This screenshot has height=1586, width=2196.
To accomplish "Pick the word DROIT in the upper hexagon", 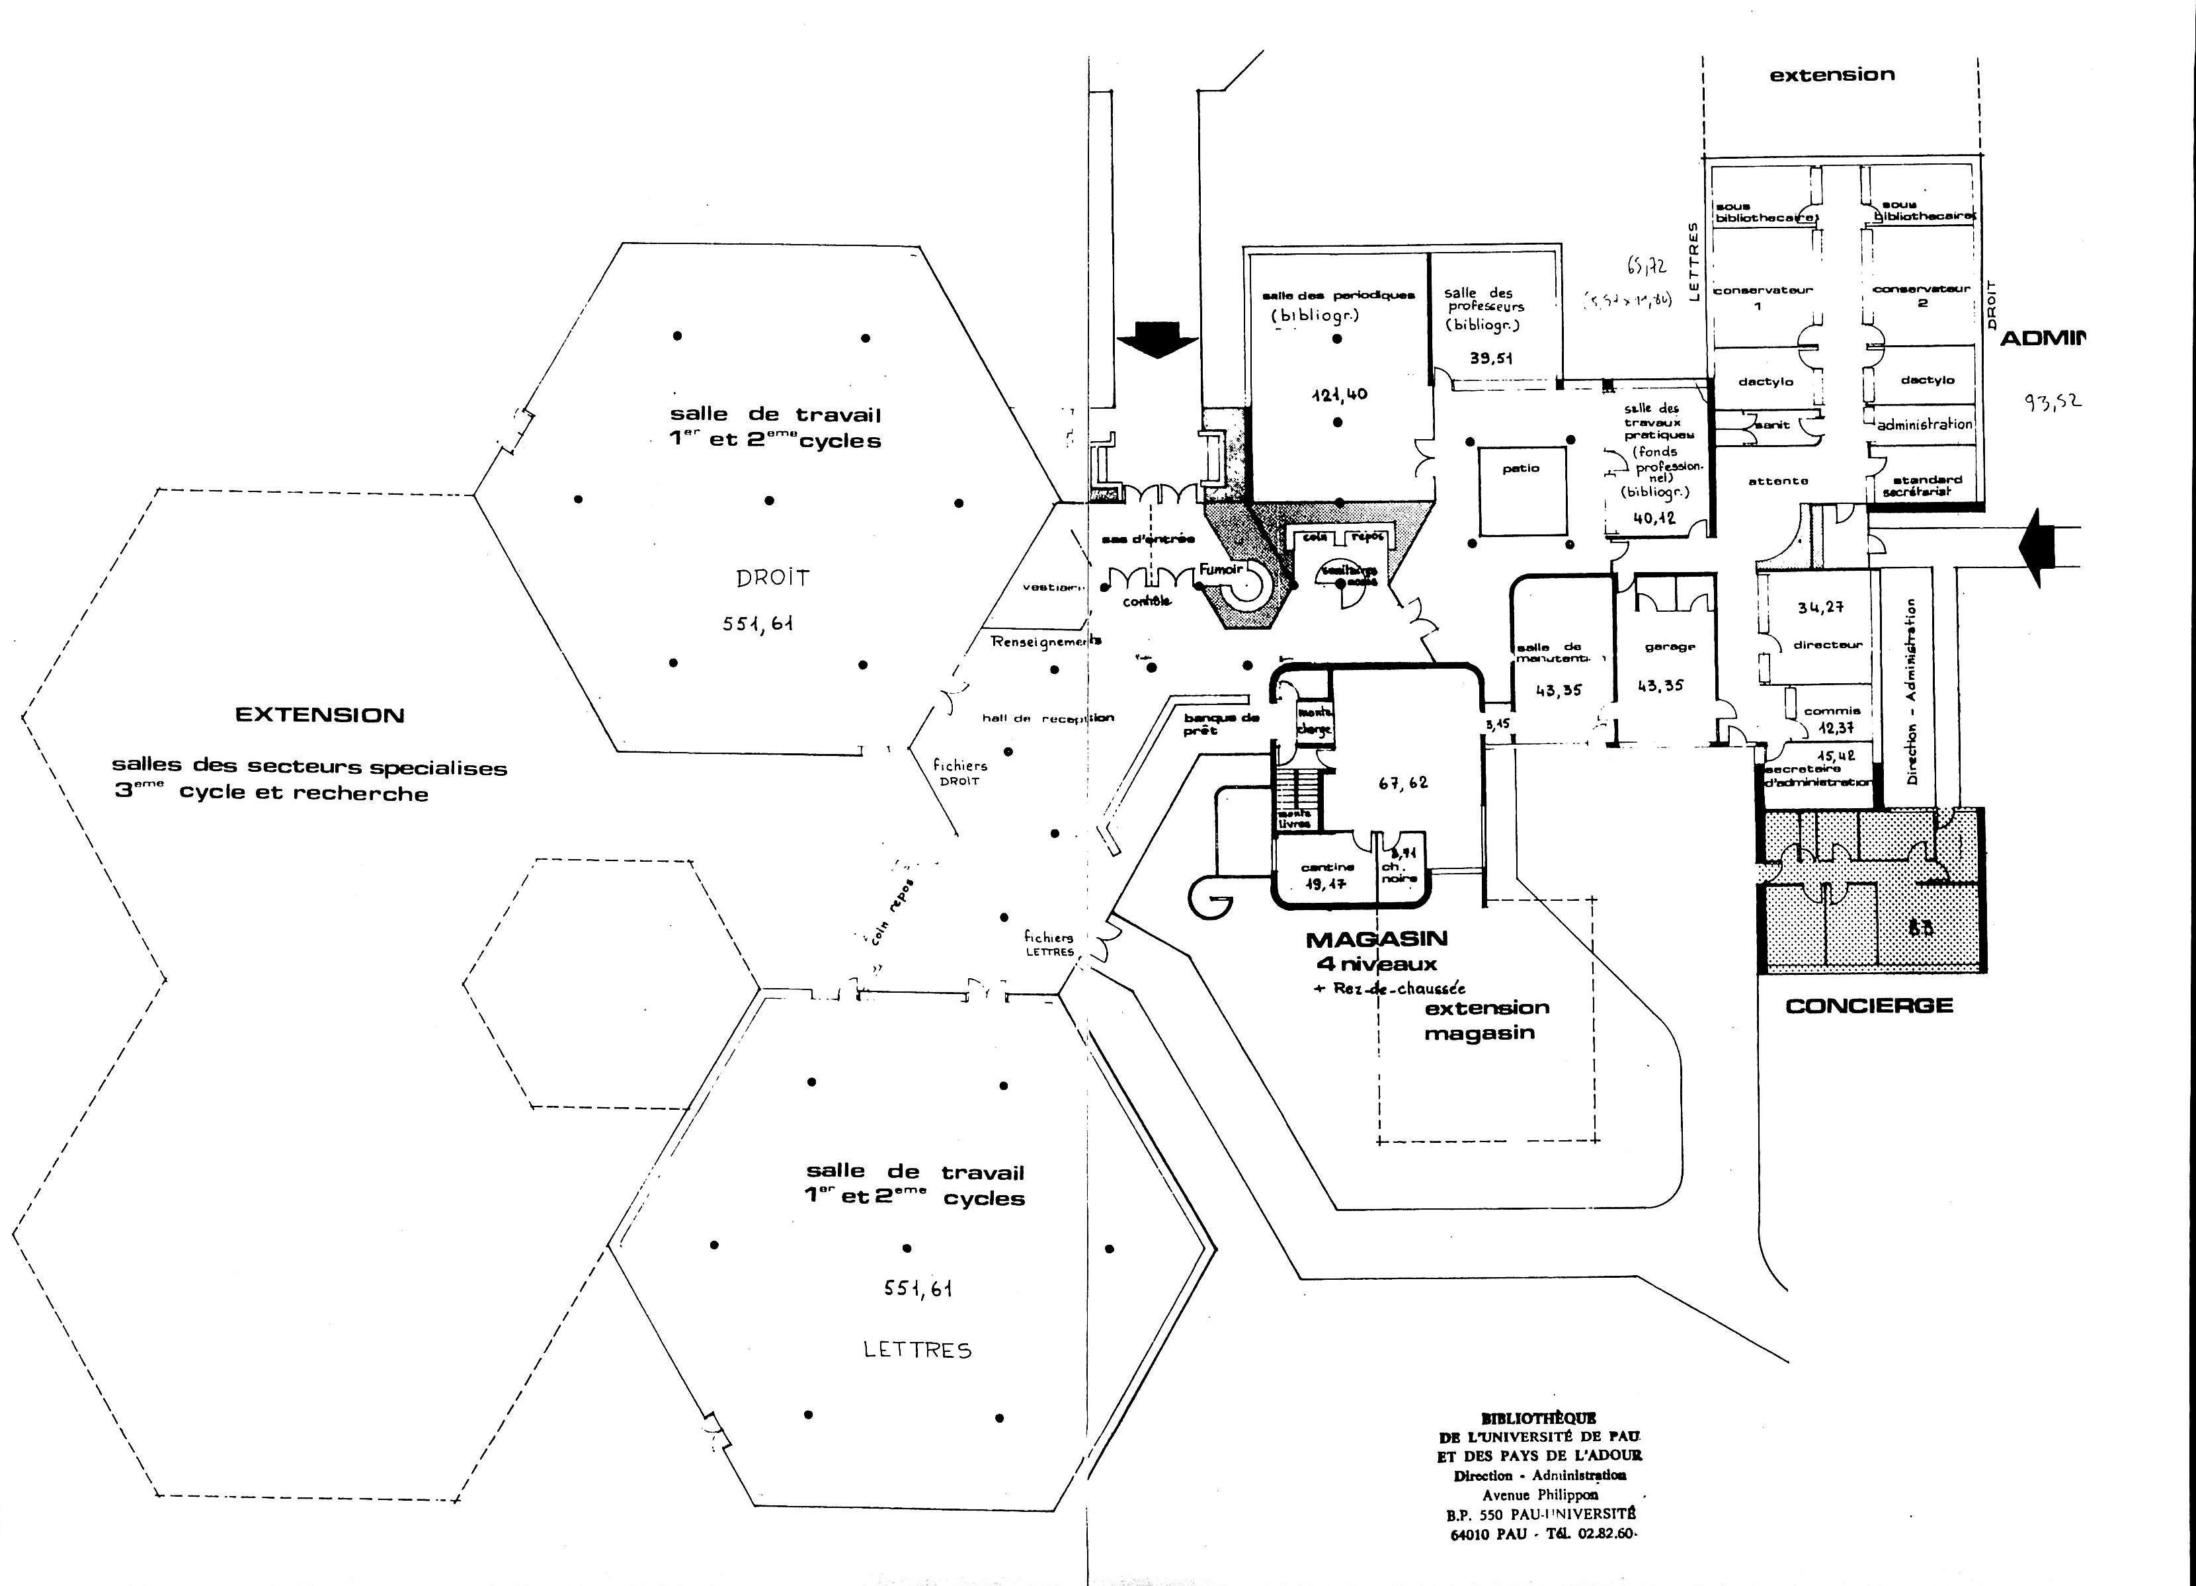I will click(x=772, y=579).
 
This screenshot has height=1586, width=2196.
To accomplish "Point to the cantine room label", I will click(x=1326, y=868).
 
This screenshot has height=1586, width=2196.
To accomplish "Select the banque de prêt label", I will click(x=1221, y=724).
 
